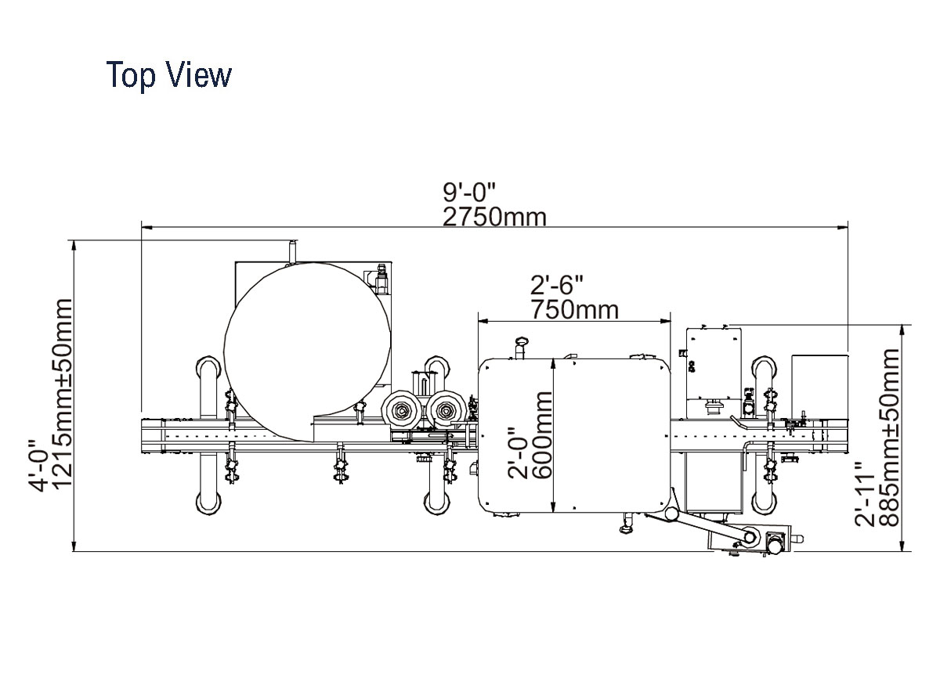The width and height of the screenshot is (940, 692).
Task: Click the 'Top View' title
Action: pyautogui.click(x=168, y=74)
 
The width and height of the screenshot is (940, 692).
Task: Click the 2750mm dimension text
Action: pyautogui.click(x=494, y=217)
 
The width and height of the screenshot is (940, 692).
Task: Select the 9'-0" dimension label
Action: pyautogui.click(x=469, y=192)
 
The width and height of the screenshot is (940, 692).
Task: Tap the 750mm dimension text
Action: pyautogui.click(x=574, y=310)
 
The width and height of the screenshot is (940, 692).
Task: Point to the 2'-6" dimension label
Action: pyautogui.click(x=557, y=285)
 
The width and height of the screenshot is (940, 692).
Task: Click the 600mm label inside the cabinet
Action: pyautogui.click(x=542, y=435)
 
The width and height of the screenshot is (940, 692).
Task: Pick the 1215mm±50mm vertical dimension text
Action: pyautogui.click(x=63, y=393)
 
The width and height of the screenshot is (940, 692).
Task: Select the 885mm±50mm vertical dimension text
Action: pyautogui.click(x=889, y=437)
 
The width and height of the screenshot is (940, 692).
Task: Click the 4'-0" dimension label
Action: pyautogui.click(x=38, y=465)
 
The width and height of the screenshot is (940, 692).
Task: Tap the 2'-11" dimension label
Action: pyautogui.click(x=865, y=494)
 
